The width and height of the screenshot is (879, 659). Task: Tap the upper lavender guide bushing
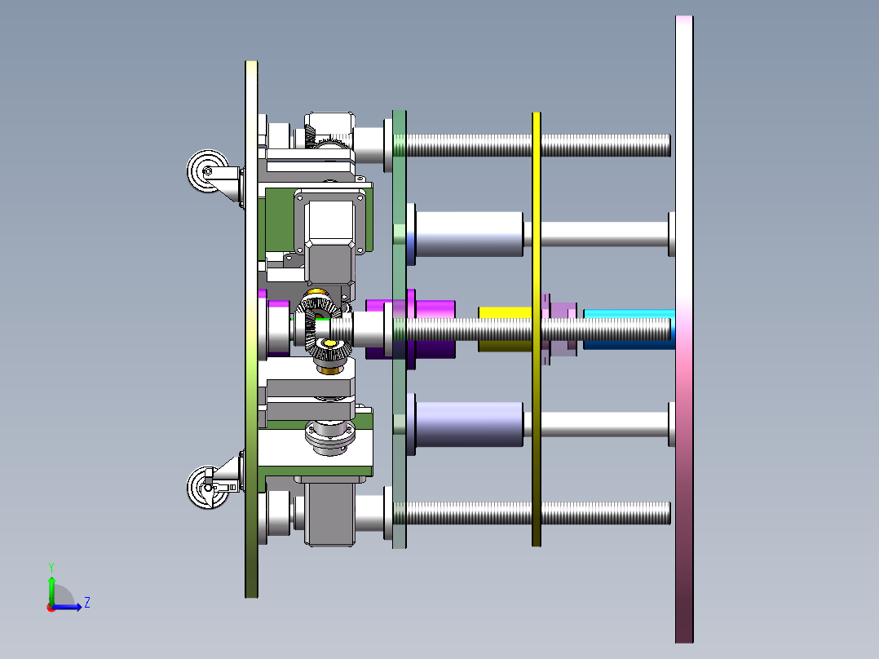point(469,234)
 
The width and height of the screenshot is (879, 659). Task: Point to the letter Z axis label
point(86,603)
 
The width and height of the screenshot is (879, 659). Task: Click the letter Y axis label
point(51,566)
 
